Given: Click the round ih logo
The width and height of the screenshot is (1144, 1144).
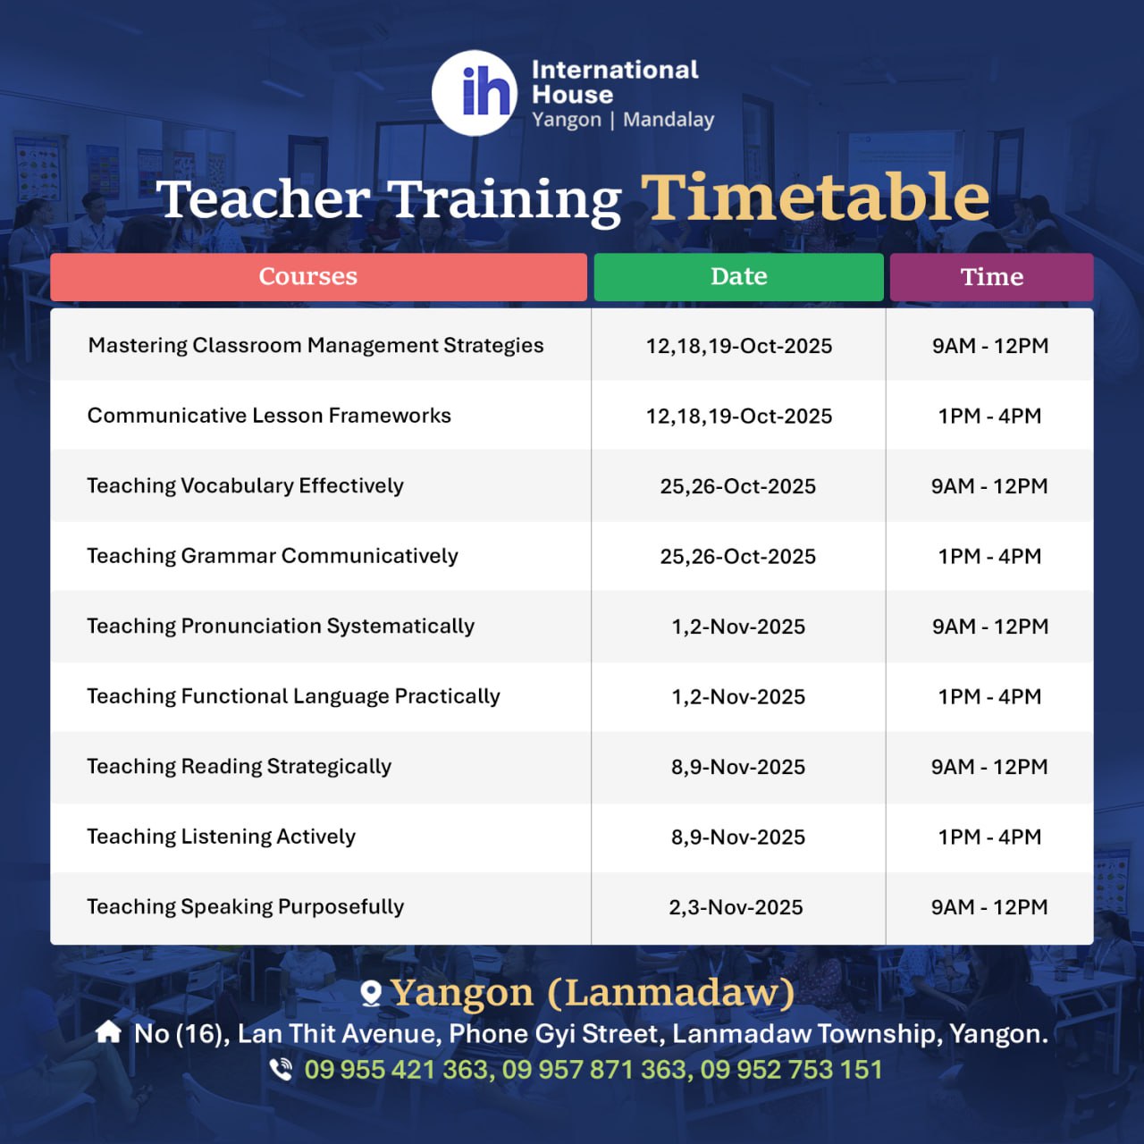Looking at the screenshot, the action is [x=475, y=93].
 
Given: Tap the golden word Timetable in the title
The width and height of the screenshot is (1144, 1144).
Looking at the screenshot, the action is [x=815, y=198].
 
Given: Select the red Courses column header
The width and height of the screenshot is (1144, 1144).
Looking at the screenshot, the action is [x=319, y=277].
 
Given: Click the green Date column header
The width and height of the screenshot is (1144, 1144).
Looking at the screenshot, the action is [x=738, y=277].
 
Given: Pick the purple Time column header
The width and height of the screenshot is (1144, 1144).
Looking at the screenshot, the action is [x=991, y=277].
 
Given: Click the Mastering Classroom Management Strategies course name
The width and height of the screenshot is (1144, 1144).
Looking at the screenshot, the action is [x=315, y=345].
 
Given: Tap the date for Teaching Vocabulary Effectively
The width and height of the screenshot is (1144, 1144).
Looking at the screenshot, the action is [x=738, y=486].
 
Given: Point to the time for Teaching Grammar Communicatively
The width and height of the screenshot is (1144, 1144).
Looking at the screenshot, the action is [x=989, y=556].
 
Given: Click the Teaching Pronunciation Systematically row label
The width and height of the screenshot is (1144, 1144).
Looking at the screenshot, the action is [x=281, y=627].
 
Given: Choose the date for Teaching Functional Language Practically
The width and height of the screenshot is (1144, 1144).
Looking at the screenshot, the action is [x=738, y=696].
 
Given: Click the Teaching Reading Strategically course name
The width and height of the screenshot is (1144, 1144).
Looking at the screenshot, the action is [x=240, y=767].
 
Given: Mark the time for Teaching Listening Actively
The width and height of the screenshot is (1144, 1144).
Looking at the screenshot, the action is [x=989, y=837].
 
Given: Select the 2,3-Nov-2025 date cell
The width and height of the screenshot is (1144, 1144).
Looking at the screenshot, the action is [x=736, y=907].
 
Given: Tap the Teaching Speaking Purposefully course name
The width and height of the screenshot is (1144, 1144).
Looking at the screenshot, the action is [x=245, y=907].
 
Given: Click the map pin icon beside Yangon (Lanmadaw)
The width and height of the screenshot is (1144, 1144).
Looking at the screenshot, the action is [x=371, y=993].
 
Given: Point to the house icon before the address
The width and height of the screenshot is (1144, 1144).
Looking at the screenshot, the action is [x=108, y=1031].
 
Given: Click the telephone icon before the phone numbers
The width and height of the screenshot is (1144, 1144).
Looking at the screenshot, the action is [x=281, y=1069].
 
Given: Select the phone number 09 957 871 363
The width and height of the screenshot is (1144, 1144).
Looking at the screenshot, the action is [x=594, y=1070].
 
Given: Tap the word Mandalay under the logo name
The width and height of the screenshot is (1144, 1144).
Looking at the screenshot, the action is [x=669, y=120].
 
